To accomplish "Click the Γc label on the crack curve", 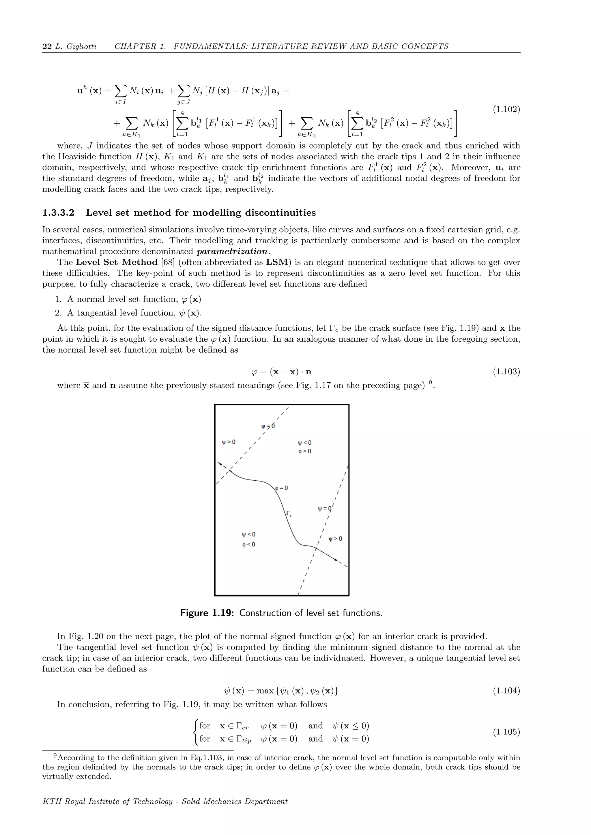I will pos(289,514).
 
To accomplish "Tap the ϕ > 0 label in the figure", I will pos(305,451).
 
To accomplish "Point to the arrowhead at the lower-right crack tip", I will pos(336,559).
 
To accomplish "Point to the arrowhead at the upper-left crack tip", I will pos(219,463).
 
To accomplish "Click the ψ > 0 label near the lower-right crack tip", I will pos(335,539).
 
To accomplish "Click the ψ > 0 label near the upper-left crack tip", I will pos(229,442).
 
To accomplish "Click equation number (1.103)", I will pos(506,372).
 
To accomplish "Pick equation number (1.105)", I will pos(506,732).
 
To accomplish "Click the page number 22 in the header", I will pos(47,46).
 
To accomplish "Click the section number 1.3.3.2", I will pos(58,213).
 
